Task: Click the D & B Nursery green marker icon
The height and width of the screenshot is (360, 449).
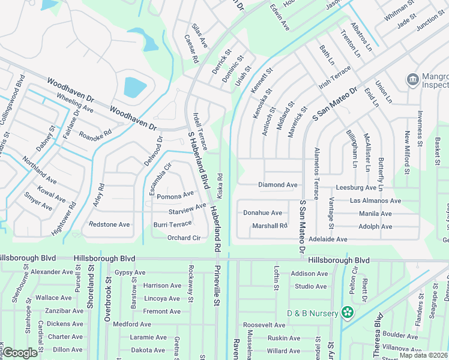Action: click(346, 312)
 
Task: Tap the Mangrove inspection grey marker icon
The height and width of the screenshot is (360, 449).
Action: click(412, 80)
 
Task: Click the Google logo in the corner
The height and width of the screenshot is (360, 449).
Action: click(20, 353)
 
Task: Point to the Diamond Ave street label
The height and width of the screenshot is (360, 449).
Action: click(278, 185)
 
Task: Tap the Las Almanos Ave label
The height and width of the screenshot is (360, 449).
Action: click(375, 200)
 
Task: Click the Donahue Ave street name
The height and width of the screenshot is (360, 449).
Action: click(262, 213)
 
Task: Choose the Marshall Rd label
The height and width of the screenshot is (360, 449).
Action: click(270, 226)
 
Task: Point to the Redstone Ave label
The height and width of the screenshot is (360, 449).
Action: click(109, 224)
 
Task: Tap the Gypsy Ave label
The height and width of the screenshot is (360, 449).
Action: click(130, 272)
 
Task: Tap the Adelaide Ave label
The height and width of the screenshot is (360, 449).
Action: click(327, 239)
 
